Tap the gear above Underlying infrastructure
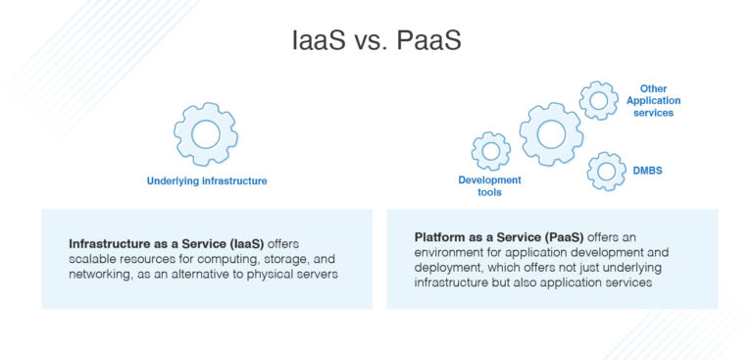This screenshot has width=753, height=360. point(206,134)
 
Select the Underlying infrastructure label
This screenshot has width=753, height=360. point(207,181)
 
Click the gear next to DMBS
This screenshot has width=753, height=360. point(606,172)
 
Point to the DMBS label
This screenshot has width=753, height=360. point(647,171)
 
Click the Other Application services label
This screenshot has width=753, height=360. point(655,100)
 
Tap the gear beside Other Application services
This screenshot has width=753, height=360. point(598,100)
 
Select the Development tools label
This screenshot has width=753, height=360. point(489,186)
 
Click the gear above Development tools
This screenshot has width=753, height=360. point(490,151)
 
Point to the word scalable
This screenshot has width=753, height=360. point(95,259)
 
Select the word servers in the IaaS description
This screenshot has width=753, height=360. point(316,275)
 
